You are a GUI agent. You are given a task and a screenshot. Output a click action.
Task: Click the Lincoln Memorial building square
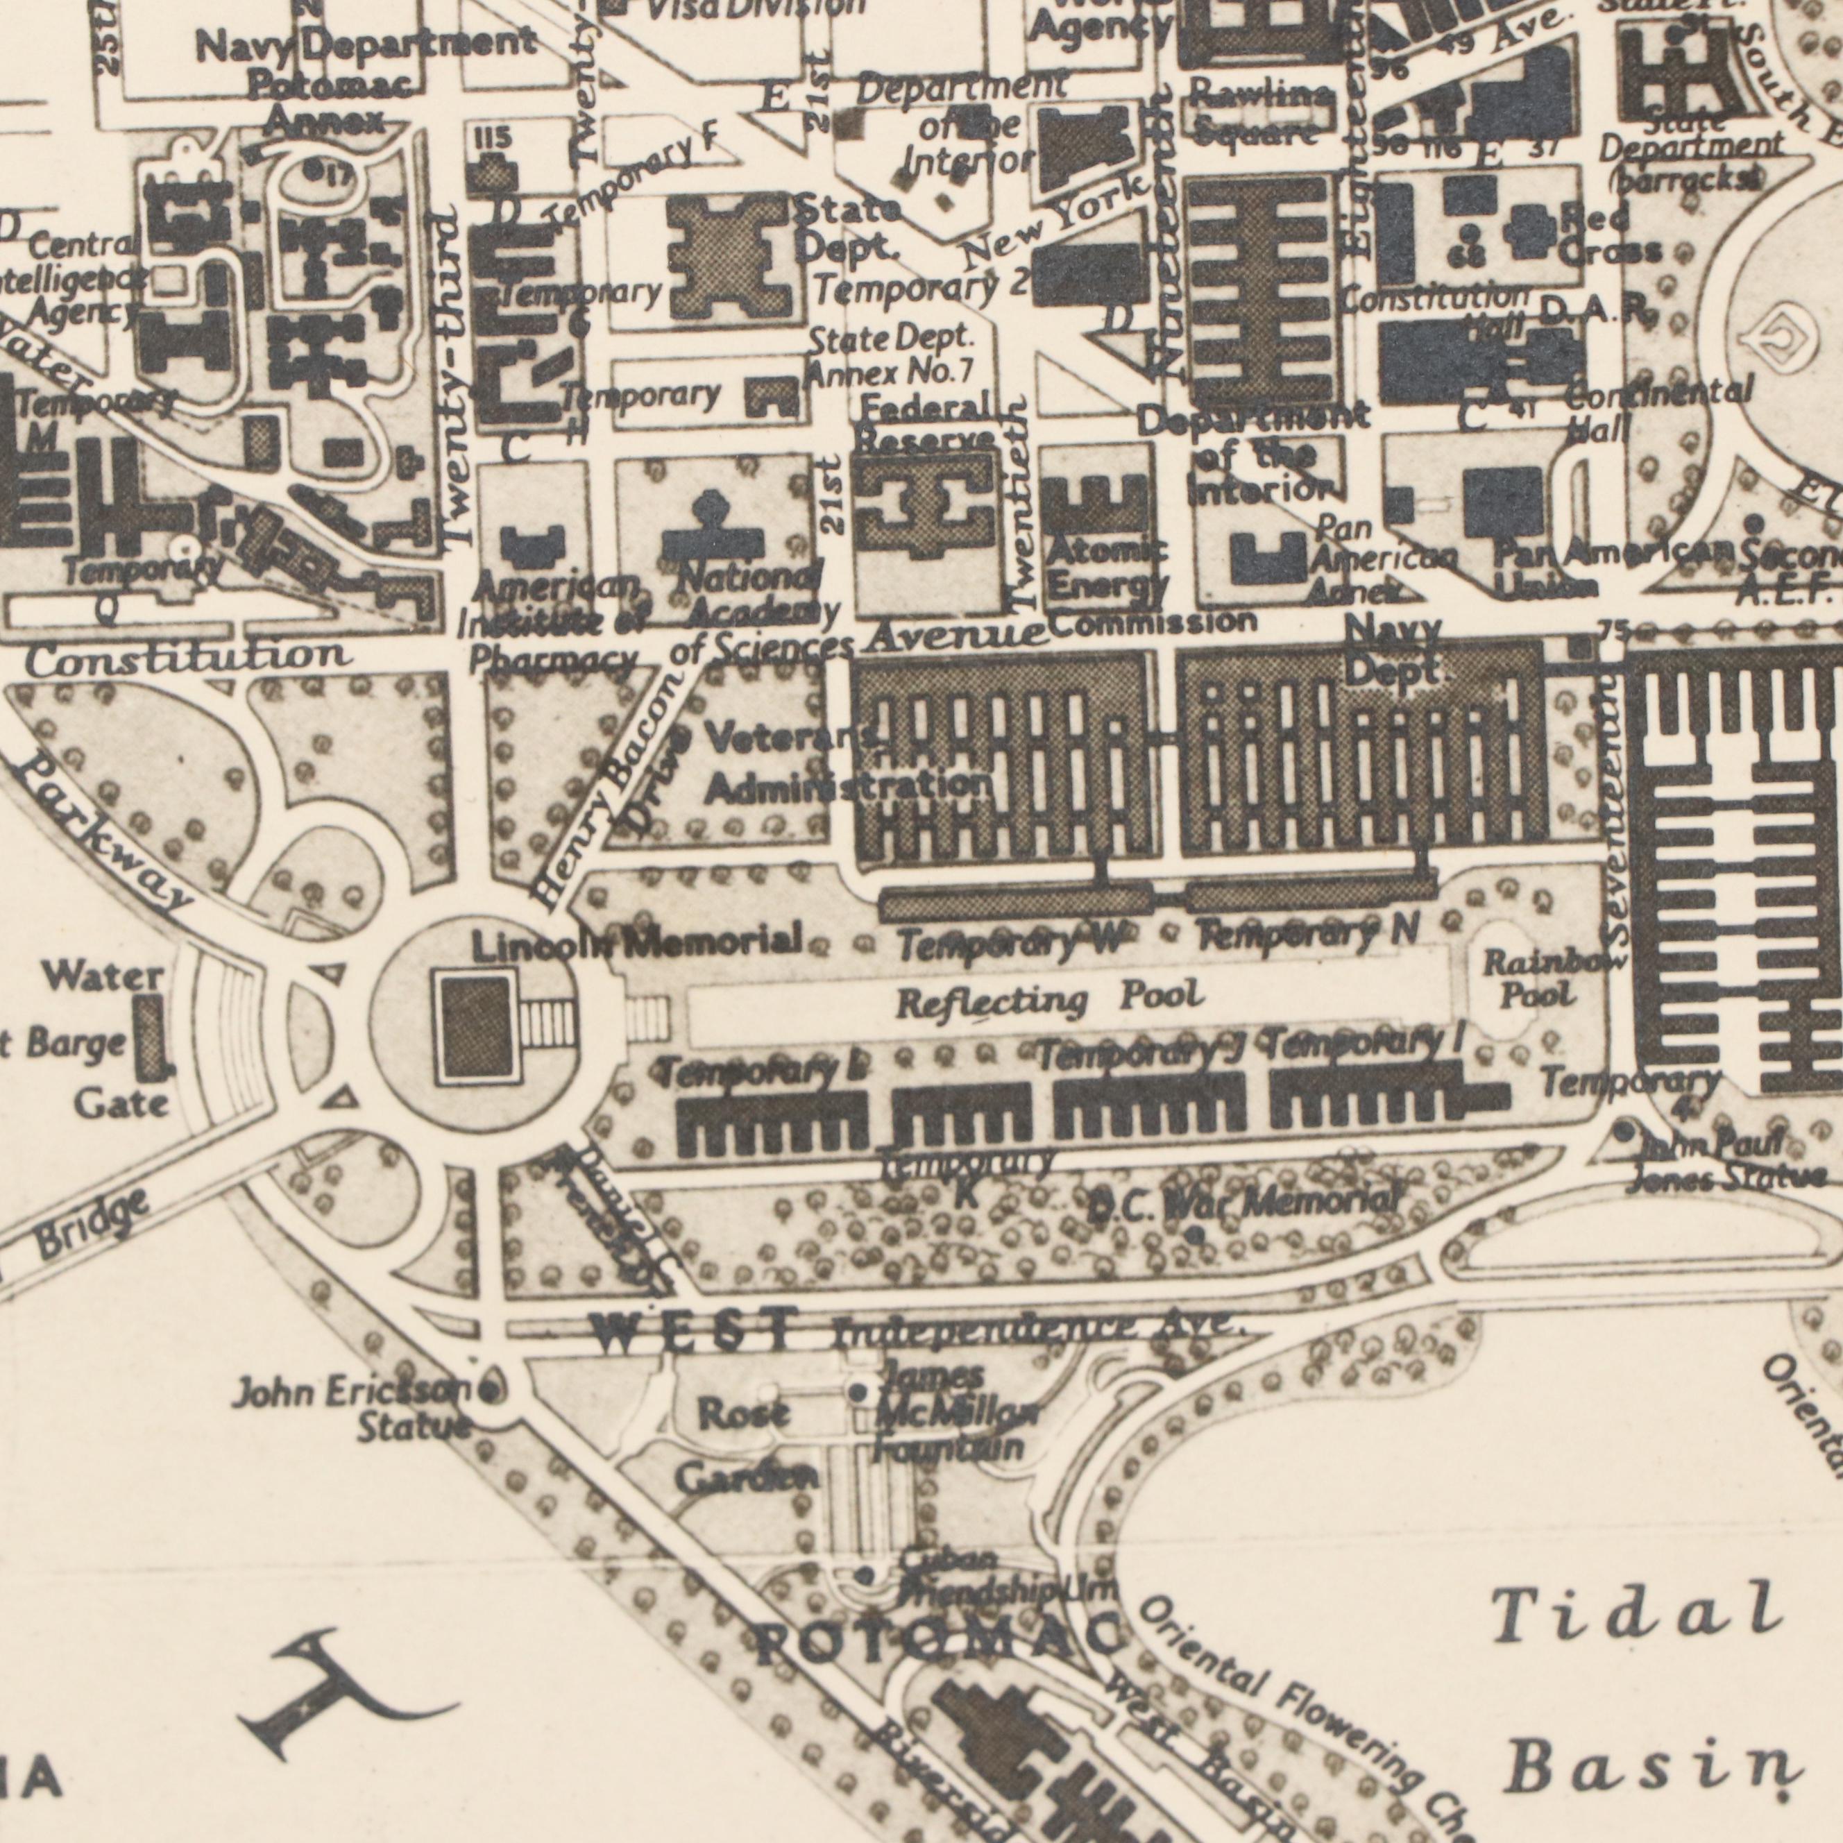tap(474, 1029)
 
